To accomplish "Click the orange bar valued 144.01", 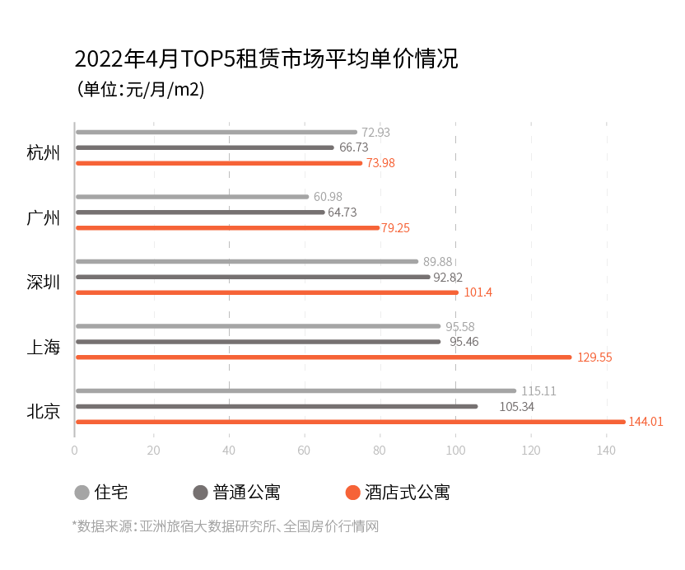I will click(350, 422).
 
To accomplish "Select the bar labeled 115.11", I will click(296, 390).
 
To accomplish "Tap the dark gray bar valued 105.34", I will click(277, 406).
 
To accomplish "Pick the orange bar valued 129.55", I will click(323, 357).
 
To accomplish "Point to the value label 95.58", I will click(460, 327).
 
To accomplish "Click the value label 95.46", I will click(464, 342).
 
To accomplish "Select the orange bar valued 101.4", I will click(267, 292).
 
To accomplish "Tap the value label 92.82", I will click(448, 278).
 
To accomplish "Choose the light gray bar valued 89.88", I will click(247, 261).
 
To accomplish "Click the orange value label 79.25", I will click(396, 228).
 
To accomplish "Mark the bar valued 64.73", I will click(200, 212).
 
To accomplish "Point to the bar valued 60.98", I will click(192, 197).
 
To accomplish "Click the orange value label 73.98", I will click(380, 163).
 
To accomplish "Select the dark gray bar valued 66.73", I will click(204, 147).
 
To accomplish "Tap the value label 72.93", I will click(375, 133).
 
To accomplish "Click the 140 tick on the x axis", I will click(606, 451).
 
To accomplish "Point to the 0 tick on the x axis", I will click(75, 451).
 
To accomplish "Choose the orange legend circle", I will click(352, 493).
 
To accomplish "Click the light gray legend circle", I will click(82, 493).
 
